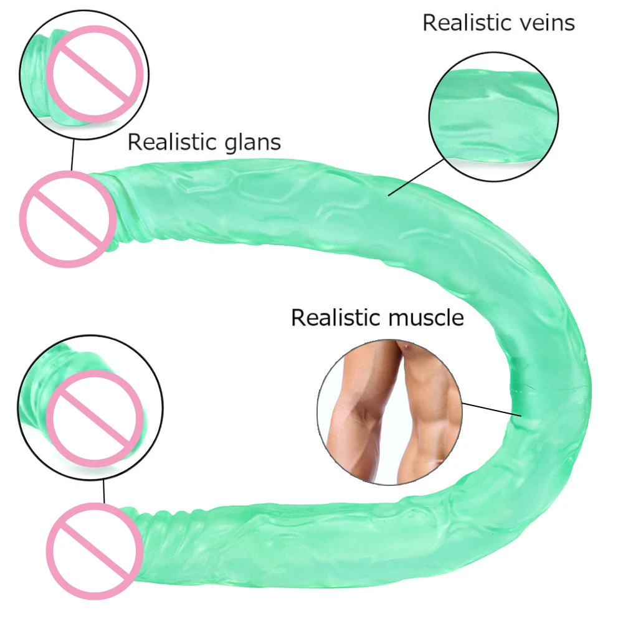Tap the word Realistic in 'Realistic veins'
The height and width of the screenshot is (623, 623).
pyautogui.click(x=460, y=23)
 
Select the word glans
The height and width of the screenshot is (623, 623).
pyautogui.click(x=251, y=142)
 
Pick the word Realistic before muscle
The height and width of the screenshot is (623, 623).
pyautogui.click(x=336, y=318)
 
